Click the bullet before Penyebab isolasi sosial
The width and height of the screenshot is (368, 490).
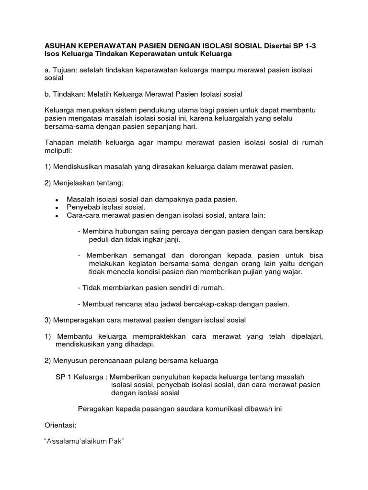coord(57,208)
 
